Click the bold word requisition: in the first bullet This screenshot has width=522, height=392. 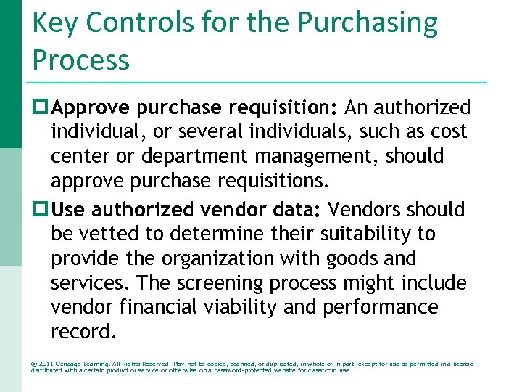[283, 108]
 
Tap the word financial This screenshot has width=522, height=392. [161, 308]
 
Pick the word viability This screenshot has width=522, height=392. [244, 308]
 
